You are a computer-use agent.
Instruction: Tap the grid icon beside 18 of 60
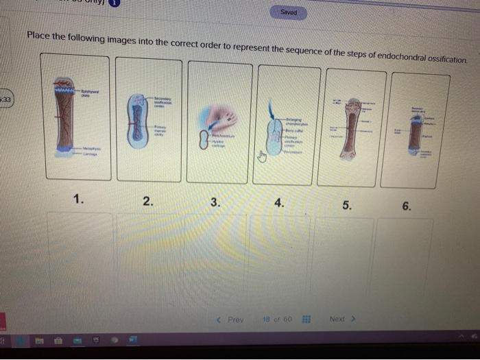[x=306, y=320]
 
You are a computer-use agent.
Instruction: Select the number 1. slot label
[x=80, y=200]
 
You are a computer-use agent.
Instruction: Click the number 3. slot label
[x=215, y=202]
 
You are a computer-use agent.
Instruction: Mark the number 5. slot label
[x=346, y=204]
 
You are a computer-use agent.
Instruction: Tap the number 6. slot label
[x=407, y=206]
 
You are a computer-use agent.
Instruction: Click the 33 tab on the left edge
[x=5, y=99]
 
